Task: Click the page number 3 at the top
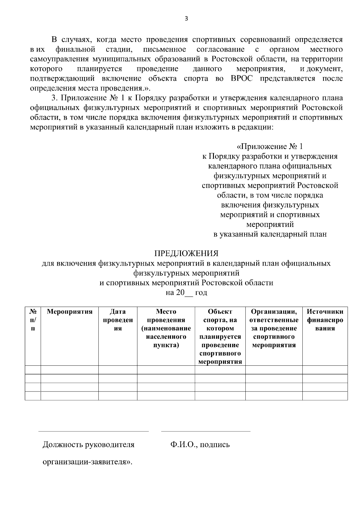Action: tap(186, 19)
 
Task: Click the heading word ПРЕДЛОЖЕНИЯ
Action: tap(186, 254)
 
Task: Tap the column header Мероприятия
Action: tap(70, 311)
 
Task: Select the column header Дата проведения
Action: tap(118, 320)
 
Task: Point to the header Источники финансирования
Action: tap(325, 320)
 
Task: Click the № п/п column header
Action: tap(33, 320)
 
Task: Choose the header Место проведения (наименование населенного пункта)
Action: tap(166, 328)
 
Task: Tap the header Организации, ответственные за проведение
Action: tap(274, 328)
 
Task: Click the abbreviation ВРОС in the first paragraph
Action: tap(242, 79)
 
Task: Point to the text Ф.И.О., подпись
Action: tap(200, 445)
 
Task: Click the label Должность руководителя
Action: tap(88, 445)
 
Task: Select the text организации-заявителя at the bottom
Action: tap(87, 462)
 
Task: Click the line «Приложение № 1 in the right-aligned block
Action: tap(270, 147)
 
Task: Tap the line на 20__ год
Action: tap(186, 293)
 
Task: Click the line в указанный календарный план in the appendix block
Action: tap(270, 234)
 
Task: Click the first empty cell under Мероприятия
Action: tap(70, 370)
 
